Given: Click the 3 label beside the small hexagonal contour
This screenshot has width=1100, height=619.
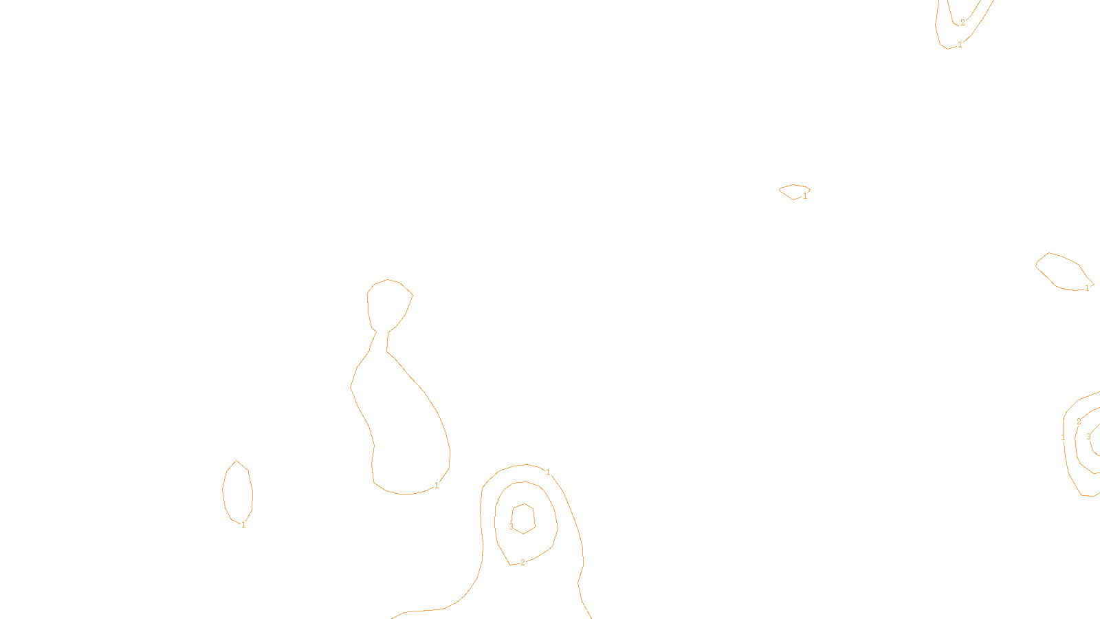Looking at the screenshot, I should [x=511, y=527].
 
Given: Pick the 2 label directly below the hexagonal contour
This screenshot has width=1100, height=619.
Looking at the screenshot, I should [x=522, y=563].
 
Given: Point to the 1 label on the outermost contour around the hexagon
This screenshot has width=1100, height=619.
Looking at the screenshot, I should [x=548, y=473].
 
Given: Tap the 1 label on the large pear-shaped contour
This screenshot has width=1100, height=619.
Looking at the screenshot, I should [x=437, y=486].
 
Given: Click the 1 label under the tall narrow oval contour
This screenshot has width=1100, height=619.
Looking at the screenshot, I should [x=243, y=525].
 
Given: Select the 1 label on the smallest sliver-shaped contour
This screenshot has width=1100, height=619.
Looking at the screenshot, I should [x=805, y=196].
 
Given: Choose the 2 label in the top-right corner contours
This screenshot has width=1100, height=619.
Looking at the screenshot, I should [x=962, y=23].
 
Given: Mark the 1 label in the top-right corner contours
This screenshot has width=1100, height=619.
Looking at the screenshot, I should [x=960, y=45].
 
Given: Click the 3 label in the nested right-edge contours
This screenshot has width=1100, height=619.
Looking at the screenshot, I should [x=1088, y=437].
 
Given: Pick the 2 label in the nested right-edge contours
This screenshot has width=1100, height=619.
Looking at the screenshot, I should [x=1079, y=422].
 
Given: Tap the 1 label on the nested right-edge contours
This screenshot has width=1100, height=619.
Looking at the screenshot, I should [x=1063, y=437].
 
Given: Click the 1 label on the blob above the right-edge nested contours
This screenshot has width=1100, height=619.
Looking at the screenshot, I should [x=1087, y=288].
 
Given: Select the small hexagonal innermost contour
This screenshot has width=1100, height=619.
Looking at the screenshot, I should [x=524, y=519].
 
